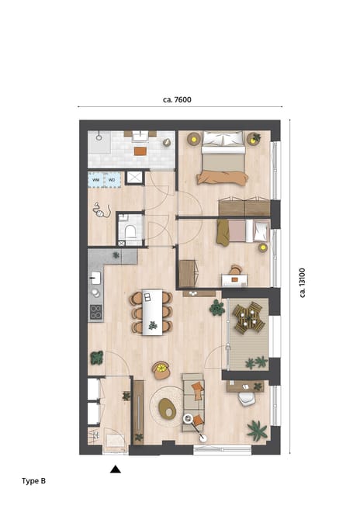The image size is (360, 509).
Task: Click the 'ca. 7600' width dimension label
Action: click(x=177, y=99)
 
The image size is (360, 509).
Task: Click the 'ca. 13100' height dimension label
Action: click(x=301, y=282)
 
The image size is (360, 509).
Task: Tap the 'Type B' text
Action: click(x=33, y=481)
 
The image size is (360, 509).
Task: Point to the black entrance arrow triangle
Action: click(x=115, y=469)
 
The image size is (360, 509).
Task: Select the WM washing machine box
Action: click(x=96, y=179)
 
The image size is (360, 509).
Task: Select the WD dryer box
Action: click(x=112, y=179)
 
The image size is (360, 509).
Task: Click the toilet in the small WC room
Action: click(x=130, y=230)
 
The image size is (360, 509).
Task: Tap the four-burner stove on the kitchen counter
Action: click(x=96, y=312)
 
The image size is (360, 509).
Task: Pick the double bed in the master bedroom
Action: click(x=223, y=158)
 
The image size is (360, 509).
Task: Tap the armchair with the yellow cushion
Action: click(x=161, y=370)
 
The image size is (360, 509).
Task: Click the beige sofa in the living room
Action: click(x=193, y=396)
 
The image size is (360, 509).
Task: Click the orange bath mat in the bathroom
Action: click(x=140, y=151)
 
